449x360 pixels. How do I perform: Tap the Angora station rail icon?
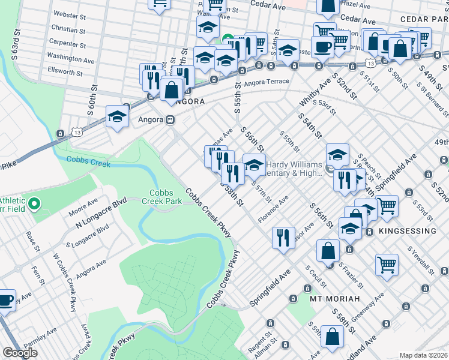point(170,120)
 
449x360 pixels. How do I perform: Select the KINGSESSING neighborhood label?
point(408,231)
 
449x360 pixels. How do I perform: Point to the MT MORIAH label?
point(334,298)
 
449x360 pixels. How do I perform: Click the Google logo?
point(20,353)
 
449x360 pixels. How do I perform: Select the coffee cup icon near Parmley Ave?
point(5,301)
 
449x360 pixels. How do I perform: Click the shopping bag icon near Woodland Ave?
point(332,337)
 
